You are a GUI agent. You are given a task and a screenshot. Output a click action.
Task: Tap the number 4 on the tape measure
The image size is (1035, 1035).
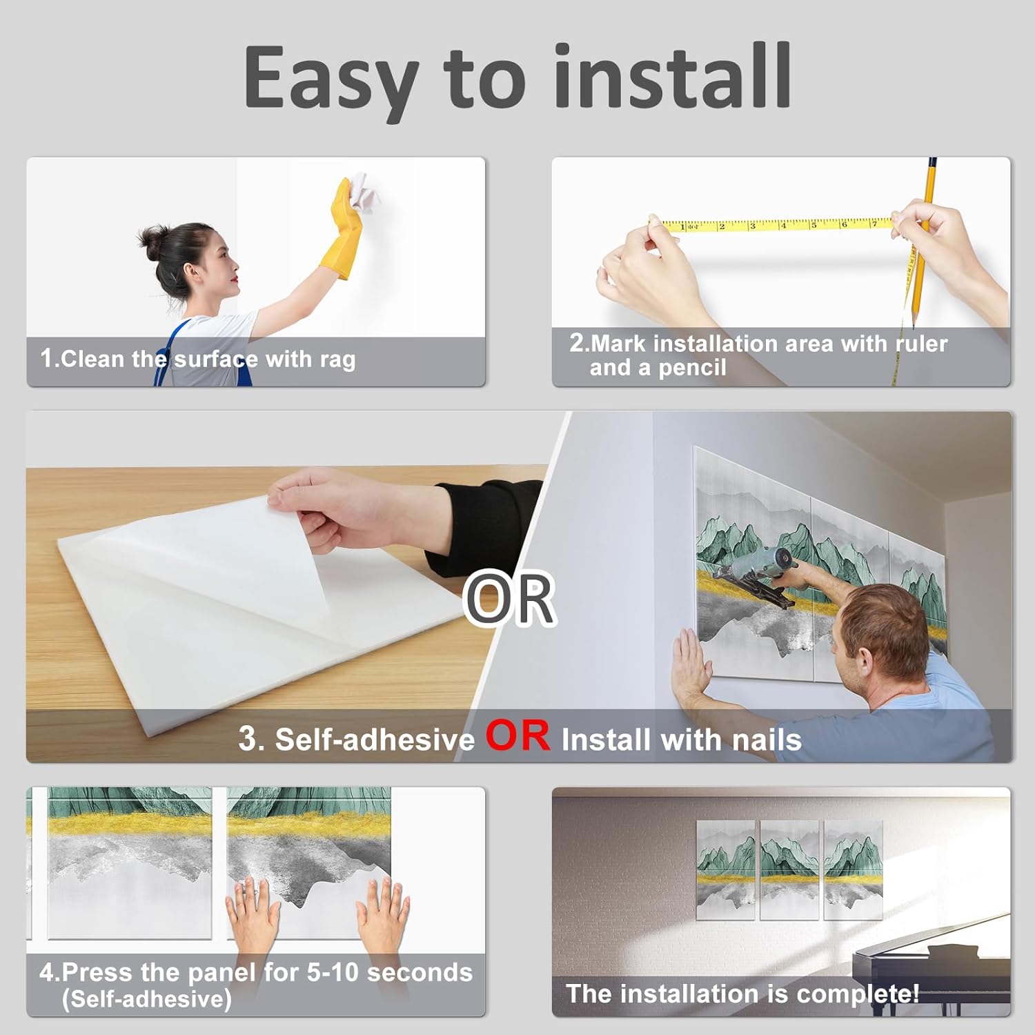tap(783, 225)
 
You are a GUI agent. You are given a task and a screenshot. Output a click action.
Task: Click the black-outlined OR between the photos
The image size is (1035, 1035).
tap(510, 598)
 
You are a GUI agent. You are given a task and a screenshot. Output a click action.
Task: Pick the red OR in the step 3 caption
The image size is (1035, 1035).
tap(518, 736)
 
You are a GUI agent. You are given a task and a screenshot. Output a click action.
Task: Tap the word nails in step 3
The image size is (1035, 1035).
tap(767, 740)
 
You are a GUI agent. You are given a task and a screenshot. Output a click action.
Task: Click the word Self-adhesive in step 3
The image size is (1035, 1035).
tap(375, 740)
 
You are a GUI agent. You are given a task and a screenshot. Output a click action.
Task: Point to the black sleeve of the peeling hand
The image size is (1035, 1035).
tap(483, 524)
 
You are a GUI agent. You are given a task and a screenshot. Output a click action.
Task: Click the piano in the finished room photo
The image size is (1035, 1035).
tap(931, 973)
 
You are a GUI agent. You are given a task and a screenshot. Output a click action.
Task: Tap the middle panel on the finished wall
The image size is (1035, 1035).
tap(789, 869)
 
